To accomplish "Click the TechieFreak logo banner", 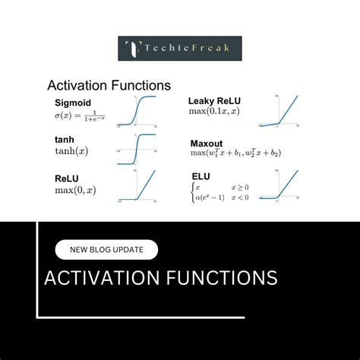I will pyautogui.click(x=179, y=48).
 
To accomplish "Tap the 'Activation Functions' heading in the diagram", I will pyautogui.click(x=109, y=86).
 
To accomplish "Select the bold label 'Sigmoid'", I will pyautogui.click(x=73, y=103).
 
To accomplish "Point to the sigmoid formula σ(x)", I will pyautogui.click(x=80, y=116).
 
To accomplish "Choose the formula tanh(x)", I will pyautogui.click(x=71, y=150).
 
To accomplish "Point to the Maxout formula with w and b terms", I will pyautogui.click(x=235, y=153).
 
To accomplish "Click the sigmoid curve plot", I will pyautogui.click(x=136, y=110).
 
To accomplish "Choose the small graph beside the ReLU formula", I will pyautogui.click(x=136, y=187).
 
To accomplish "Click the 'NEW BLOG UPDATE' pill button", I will pyautogui.click(x=106, y=250).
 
